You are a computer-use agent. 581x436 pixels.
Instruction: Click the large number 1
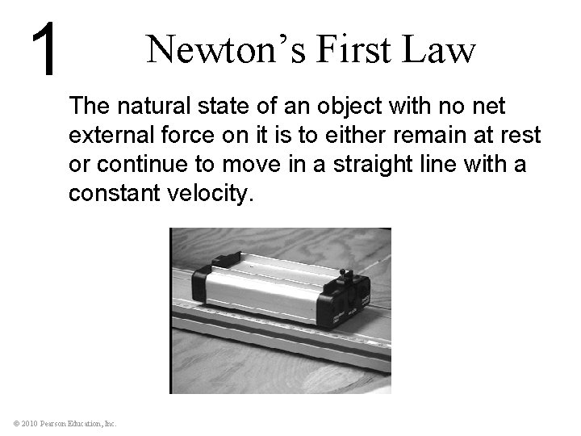click(x=46, y=50)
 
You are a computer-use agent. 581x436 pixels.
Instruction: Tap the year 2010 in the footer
click(x=29, y=422)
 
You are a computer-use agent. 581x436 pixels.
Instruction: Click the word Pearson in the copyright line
click(x=57, y=422)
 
